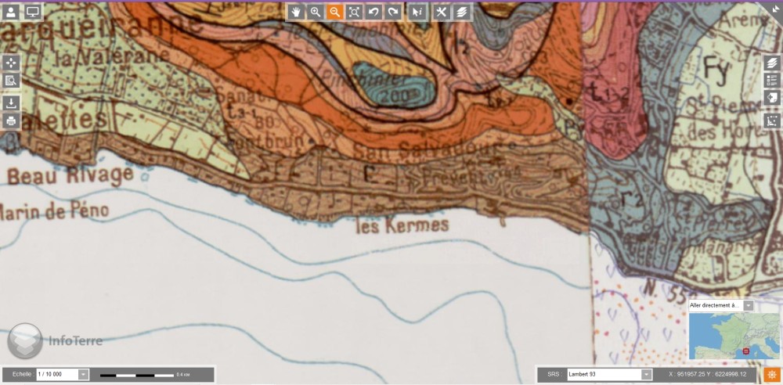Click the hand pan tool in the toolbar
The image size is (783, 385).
[296, 12]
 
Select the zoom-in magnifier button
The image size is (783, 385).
[316, 12]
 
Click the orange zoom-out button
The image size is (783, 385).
[334, 12]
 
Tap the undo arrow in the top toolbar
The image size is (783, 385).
[373, 12]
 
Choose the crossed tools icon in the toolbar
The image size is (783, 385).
[442, 12]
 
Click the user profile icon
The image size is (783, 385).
[12, 12]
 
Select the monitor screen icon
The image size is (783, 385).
[33, 12]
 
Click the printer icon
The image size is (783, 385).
[11, 121]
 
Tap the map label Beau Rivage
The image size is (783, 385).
[70, 175]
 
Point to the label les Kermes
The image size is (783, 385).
[402, 226]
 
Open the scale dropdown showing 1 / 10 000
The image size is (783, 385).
[63, 374]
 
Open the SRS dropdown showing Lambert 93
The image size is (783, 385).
[609, 374]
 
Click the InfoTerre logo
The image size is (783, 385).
[55, 340]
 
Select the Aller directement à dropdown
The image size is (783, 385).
[720, 305]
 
